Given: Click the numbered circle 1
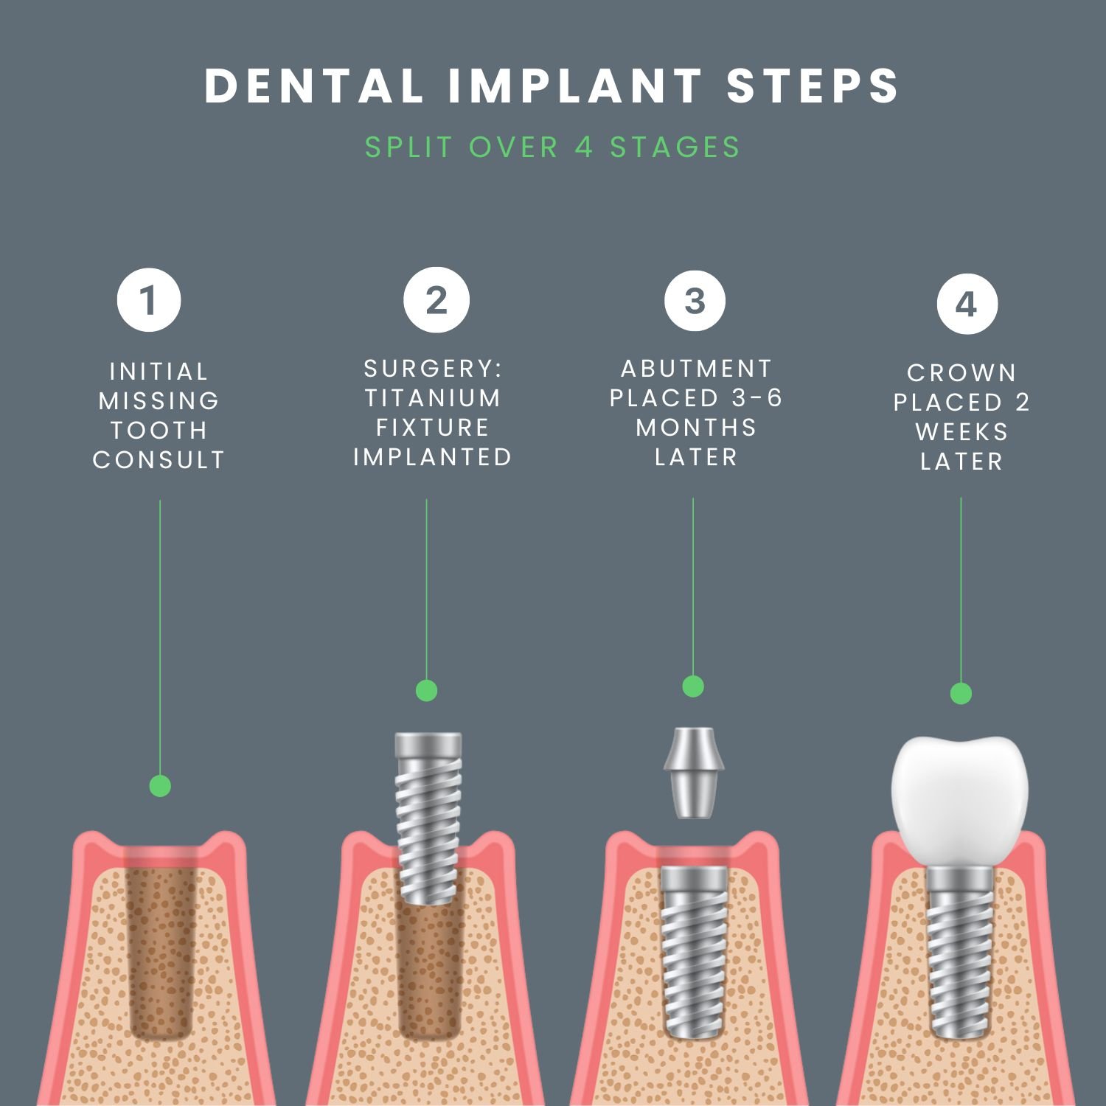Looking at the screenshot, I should click(149, 300).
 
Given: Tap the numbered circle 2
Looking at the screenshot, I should click(437, 300).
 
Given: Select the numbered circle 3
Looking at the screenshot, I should click(695, 300).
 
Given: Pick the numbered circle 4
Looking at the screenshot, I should click(967, 304).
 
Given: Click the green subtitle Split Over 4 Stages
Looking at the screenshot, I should click(553, 147).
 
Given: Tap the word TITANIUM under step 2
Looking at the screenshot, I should click(433, 398).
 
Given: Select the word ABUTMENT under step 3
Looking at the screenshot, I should click(696, 368).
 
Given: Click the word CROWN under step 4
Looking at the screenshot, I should click(961, 373).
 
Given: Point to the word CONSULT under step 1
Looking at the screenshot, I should click(159, 460).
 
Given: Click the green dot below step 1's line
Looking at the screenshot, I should click(160, 785).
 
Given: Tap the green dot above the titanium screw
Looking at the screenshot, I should click(426, 691).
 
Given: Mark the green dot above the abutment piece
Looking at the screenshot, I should click(693, 686).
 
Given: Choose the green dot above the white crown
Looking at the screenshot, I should click(961, 693).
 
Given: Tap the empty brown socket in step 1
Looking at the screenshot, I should click(159, 951).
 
